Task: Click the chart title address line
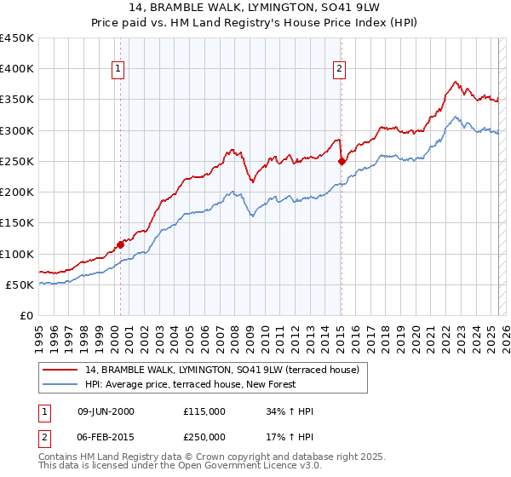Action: coord(255,8)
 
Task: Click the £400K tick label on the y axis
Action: coord(17,69)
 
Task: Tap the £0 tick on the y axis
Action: coord(27,316)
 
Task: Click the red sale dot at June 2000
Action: coord(120,244)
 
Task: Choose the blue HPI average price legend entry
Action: coord(190,384)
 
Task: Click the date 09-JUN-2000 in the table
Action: coord(106,411)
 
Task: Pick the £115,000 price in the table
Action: coord(204,411)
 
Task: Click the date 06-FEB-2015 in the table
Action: coord(106,437)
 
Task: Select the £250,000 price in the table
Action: coord(204,437)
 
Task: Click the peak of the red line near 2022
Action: coord(456,82)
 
